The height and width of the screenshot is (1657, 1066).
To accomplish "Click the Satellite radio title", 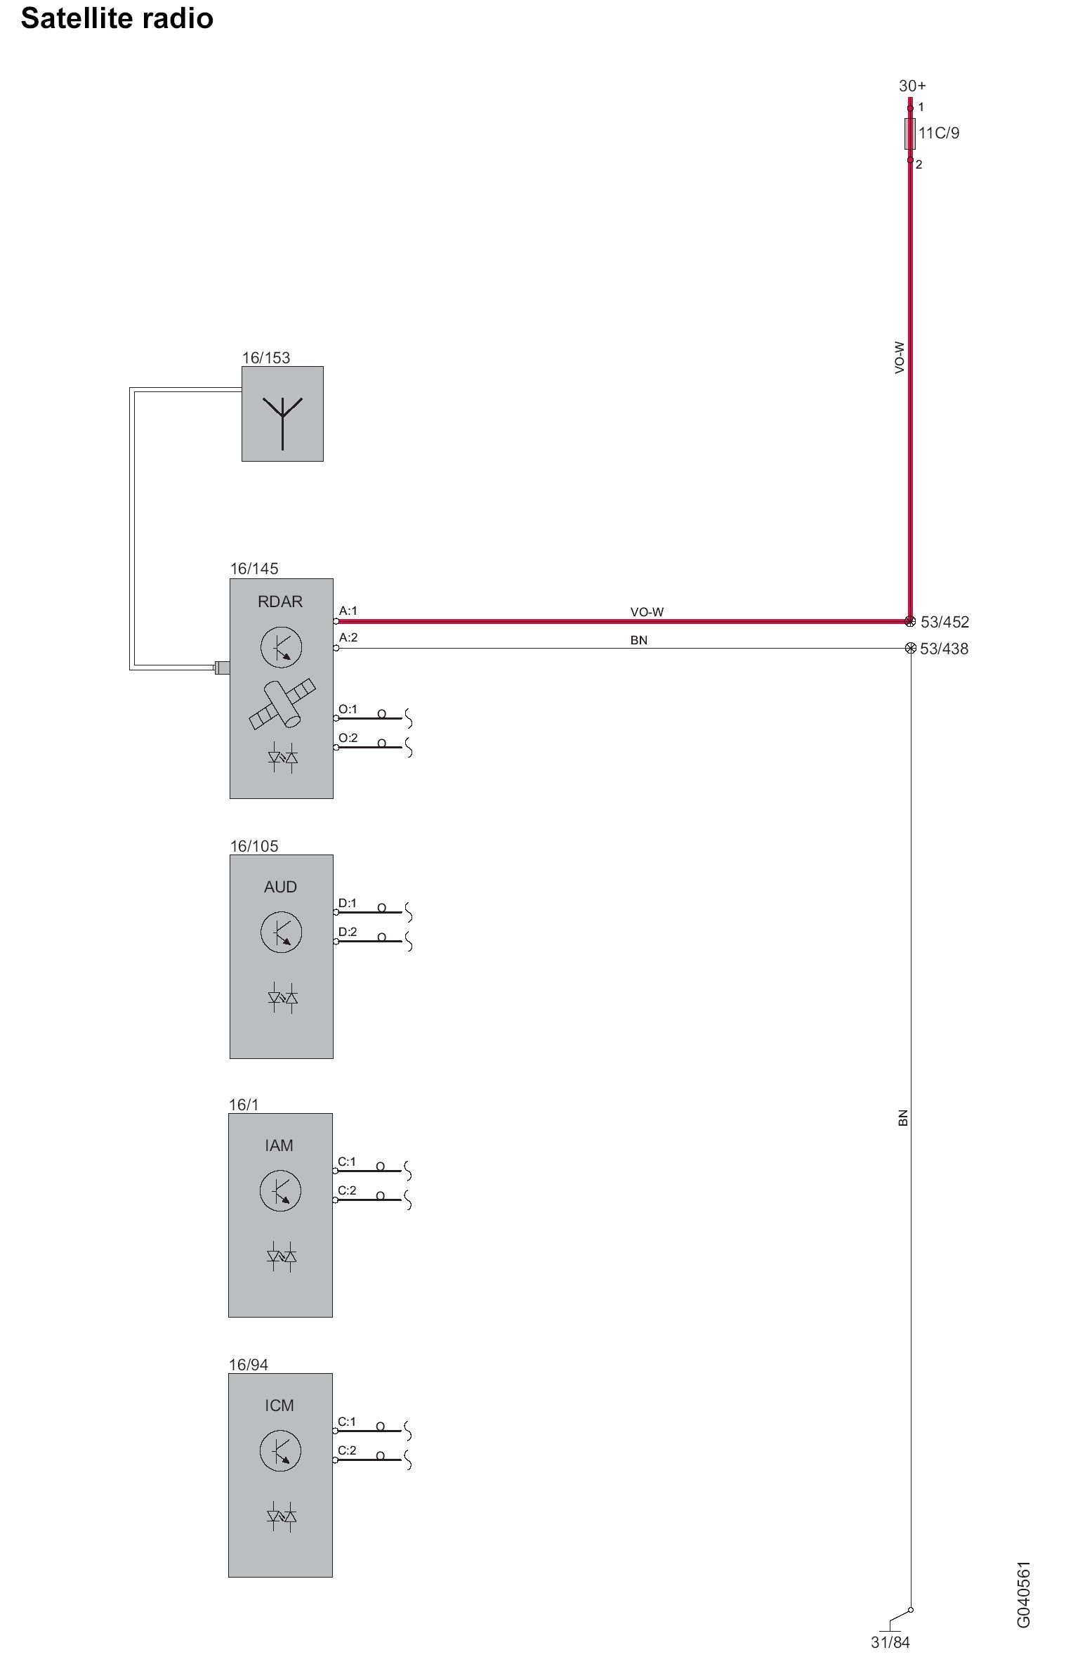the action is tap(117, 19).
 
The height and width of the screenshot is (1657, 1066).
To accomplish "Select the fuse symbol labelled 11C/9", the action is tap(910, 134).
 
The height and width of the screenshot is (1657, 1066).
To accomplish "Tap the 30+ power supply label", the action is tap(912, 86).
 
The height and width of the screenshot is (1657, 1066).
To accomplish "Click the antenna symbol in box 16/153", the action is tap(282, 422).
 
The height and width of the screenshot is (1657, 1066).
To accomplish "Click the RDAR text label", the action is tap(280, 602).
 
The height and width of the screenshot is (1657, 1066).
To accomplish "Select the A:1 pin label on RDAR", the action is tap(348, 611).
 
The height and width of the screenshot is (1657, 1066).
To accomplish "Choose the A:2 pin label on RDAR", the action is tap(348, 638).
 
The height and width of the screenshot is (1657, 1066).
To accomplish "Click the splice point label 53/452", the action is tap(945, 622).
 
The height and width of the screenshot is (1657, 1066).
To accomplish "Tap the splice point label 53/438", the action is tap(944, 649).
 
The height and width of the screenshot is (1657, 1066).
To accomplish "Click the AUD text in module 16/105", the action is tap(280, 887).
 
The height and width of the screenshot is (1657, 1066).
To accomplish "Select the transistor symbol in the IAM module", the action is tap(280, 1190).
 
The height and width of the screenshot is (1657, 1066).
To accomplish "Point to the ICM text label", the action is tap(279, 1405).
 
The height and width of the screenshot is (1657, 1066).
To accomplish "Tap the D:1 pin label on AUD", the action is tap(348, 903).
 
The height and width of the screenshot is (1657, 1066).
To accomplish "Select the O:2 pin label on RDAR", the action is tap(348, 738).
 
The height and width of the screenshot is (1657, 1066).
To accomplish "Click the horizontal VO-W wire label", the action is tap(647, 612).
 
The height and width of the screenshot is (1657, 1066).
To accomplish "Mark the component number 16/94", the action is tap(249, 1365).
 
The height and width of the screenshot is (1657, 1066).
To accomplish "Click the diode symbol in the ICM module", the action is tap(282, 1516).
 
